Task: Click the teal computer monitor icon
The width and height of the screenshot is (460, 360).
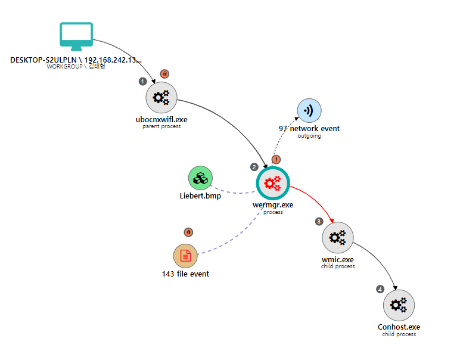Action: click(x=76, y=36)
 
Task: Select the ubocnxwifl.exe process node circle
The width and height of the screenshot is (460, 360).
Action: click(x=161, y=98)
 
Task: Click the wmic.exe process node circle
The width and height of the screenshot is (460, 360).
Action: click(x=338, y=238)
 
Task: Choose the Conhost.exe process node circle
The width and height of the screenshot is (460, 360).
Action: click(x=399, y=305)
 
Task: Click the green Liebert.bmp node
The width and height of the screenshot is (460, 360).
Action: click(x=201, y=178)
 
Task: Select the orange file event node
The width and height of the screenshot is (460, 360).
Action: click(x=185, y=256)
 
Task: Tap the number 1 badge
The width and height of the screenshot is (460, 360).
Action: click(x=142, y=81)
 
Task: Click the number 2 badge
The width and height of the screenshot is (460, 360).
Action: click(x=254, y=167)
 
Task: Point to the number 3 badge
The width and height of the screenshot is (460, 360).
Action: click(x=319, y=221)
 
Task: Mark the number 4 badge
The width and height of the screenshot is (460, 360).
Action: click(x=380, y=289)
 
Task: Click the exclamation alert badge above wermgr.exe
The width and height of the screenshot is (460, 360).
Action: click(x=276, y=160)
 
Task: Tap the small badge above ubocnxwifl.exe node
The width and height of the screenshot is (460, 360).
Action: click(x=164, y=74)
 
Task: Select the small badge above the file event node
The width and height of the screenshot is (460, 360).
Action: click(x=188, y=232)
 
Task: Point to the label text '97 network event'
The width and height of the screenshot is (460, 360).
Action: click(x=309, y=129)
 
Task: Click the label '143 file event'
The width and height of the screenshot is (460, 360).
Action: click(x=185, y=274)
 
